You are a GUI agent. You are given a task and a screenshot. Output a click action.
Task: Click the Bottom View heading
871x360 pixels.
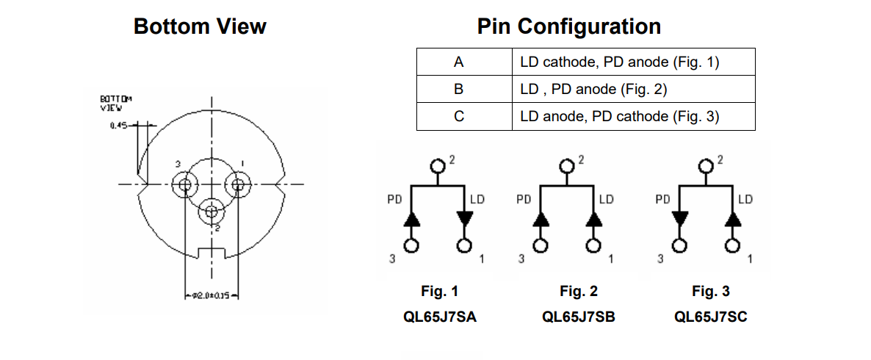pyautogui.click(x=200, y=27)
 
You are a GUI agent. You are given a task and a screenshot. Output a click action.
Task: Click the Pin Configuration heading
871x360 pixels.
pyautogui.click(x=568, y=27)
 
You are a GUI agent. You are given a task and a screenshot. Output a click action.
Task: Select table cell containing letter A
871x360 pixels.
pyautogui.click(x=459, y=62)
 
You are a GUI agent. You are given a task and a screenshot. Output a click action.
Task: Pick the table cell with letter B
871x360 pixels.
pyautogui.click(x=459, y=90)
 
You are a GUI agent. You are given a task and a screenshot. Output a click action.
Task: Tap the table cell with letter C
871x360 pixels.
pyautogui.click(x=459, y=116)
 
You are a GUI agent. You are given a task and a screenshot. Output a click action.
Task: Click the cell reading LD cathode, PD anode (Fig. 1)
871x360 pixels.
pyautogui.click(x=618, y=62)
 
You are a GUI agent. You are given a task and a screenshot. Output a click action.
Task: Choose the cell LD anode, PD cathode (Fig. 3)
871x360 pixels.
pyautogui.click(x=619, y=116)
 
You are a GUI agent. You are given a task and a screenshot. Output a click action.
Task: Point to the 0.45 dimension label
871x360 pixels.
pyautogui.click(x=118, y=126)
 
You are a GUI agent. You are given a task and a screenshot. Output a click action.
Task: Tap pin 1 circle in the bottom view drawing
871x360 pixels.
pyautogui.click(x=238, y=184)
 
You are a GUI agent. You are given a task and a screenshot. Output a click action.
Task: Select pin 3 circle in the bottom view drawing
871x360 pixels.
pyautogui.click(x=184, y=184)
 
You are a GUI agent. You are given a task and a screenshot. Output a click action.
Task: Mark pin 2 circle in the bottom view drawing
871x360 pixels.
pyautogui.click(x=212, y=212)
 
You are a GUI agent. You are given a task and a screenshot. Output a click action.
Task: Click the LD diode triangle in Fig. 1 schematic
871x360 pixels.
pyautogui.click(x=464, y=218)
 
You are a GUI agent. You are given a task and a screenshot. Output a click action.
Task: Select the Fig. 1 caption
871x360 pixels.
pyautogui.click(x=439, y=292)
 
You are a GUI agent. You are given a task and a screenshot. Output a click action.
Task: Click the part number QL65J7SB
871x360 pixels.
pyautogui.click(x=579, y=317)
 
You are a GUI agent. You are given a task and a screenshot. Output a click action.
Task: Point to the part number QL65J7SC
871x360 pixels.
pyautogui.click(x=711, y=317)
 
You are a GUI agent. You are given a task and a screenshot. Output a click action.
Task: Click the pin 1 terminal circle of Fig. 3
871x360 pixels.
pyautogui.click(x=732, y=245)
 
